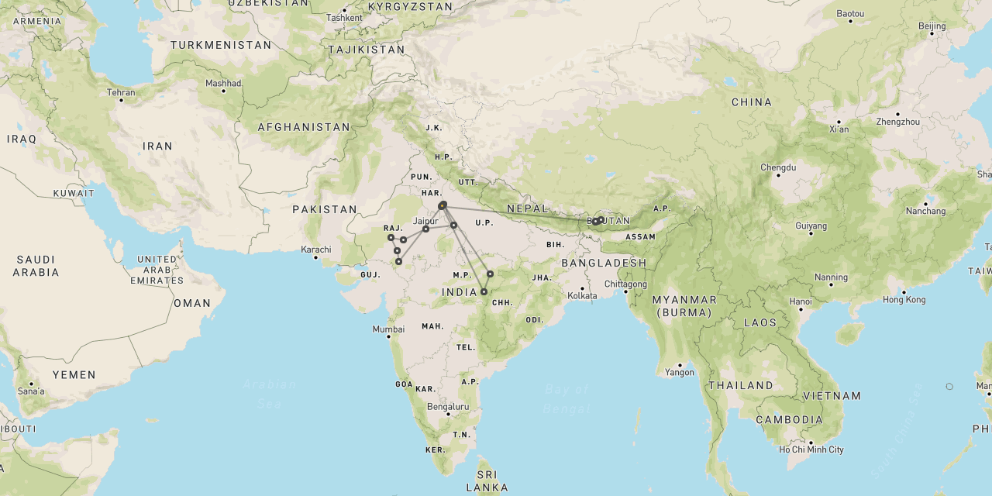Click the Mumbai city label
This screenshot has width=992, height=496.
pos(388,329)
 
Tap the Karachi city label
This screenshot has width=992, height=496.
pos(317,250)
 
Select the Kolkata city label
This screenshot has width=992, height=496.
pos(582,295)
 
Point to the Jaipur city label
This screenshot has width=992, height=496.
pos(425,221)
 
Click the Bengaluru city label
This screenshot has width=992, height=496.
pos(448,406)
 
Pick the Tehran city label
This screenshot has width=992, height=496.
pos(121,92)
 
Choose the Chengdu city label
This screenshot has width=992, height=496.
pos(778,167)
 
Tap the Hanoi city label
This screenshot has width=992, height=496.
pos(801,301)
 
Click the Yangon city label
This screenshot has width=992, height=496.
pos(679,373)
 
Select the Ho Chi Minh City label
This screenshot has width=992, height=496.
pos(812,449)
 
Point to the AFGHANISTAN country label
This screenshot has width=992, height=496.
pos(304,127)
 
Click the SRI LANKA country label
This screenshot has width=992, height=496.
pos(487,480)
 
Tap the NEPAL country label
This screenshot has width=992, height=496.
pos(528,208)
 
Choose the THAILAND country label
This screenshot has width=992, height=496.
pos(739,385)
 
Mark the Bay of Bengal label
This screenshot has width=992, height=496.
pos(567,398)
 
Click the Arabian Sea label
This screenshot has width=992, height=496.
pos(269,393)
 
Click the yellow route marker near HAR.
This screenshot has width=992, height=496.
pos(442,205)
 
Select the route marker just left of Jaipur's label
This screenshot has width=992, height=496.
pos(425,229)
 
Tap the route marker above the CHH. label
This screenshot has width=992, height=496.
pos(484,292)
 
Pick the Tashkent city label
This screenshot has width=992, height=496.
pos(344,17)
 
